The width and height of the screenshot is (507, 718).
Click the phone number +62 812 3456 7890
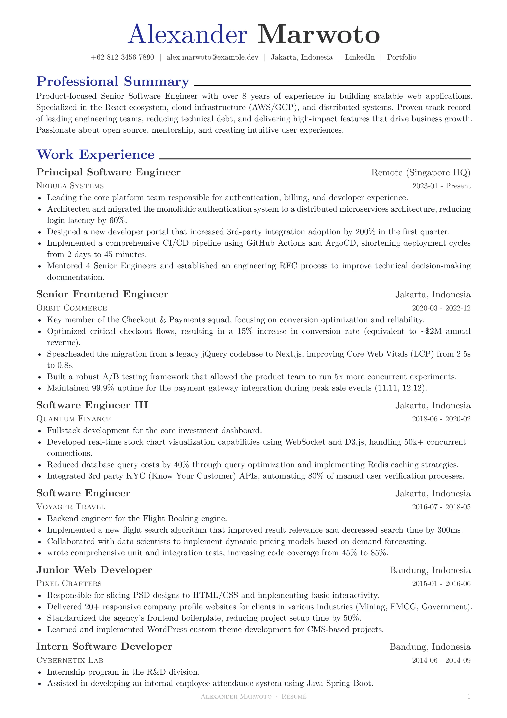122,57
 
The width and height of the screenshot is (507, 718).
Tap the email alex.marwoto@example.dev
212,57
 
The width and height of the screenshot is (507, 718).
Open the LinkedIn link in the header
360,57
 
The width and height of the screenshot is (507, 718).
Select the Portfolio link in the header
402,57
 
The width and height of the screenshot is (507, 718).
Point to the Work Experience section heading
96,155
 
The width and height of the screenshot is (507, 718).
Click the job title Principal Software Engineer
108,172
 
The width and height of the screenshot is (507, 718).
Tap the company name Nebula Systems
70,186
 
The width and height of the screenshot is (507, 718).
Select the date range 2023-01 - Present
441,186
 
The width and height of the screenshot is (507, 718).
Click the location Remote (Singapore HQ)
421,173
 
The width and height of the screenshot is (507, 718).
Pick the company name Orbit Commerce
72,308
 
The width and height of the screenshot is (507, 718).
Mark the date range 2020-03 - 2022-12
441,308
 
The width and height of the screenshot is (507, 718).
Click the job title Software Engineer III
92,405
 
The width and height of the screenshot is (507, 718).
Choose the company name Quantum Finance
74,419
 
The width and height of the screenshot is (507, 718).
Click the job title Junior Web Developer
94,570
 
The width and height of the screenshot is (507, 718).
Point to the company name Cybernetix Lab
70,660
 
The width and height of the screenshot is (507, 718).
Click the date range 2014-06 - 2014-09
441,660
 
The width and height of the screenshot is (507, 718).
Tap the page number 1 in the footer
469,697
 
